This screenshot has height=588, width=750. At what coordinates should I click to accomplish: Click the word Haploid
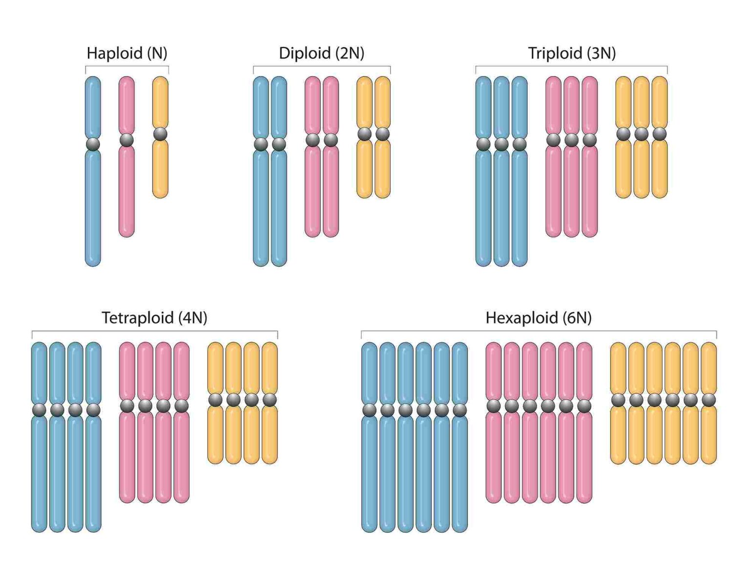(114, 53)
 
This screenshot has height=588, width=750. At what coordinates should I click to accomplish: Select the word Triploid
(555, 53)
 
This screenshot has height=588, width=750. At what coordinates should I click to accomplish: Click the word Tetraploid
(137, 318)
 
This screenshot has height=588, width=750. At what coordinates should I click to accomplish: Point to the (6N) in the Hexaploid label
(577, 318)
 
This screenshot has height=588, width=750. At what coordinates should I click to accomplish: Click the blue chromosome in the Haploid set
(93, 205)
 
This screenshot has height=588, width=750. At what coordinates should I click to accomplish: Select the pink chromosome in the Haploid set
(126, 190)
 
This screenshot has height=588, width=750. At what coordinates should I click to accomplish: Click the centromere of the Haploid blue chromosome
(93, 144)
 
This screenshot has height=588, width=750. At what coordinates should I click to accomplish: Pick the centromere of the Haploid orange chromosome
(160, 134)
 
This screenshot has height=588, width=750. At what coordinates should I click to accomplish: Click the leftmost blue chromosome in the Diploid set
(261, 205)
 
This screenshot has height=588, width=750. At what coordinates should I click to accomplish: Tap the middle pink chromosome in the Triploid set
(571, 190)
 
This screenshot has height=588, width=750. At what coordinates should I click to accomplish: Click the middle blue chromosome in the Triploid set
(501, 205)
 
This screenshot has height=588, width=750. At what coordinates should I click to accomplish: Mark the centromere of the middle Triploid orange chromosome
(641, 134)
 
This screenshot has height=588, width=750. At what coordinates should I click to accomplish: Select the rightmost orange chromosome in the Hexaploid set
(708, 434)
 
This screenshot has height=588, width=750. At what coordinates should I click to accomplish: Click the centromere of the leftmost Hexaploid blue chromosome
(369, 410)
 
